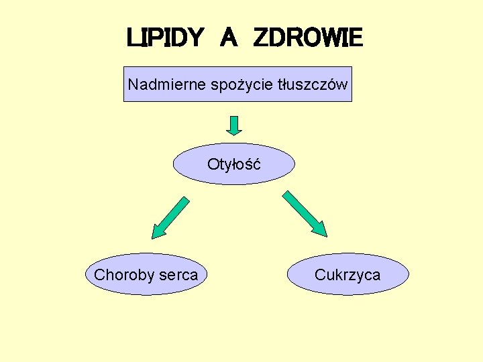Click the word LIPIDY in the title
click(164, 38)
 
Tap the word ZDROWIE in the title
click(308, 38)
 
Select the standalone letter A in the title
click(228, 38)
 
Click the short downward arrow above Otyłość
click(233, 125)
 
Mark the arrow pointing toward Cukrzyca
click(304, 213)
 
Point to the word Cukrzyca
click(347, 275)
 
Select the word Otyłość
click(233, 164)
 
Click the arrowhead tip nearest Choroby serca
click(154, 237)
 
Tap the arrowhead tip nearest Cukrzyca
click(326, 235)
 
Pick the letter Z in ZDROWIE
click(262, 38)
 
